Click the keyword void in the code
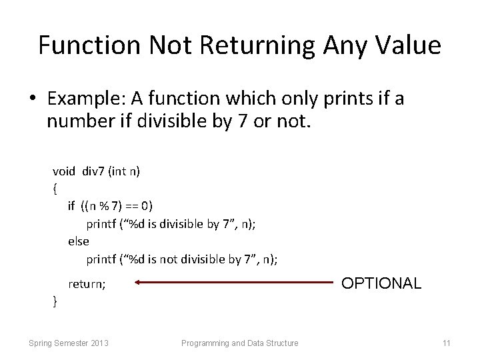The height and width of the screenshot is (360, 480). point(64,171)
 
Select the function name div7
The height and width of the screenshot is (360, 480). point(95,171)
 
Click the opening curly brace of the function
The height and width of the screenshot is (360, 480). point(54,189)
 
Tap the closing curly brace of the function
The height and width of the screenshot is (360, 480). point(54,302)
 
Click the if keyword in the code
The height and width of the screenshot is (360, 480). point(71,207)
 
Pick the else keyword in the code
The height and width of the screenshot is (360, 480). point(78,241)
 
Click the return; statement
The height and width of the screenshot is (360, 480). point(87,284)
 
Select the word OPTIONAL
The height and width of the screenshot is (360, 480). point(381,283)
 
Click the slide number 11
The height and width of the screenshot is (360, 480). point(447,343)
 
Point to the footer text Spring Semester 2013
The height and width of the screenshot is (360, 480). point(69,343)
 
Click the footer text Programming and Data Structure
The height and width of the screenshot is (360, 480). point(240,343)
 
